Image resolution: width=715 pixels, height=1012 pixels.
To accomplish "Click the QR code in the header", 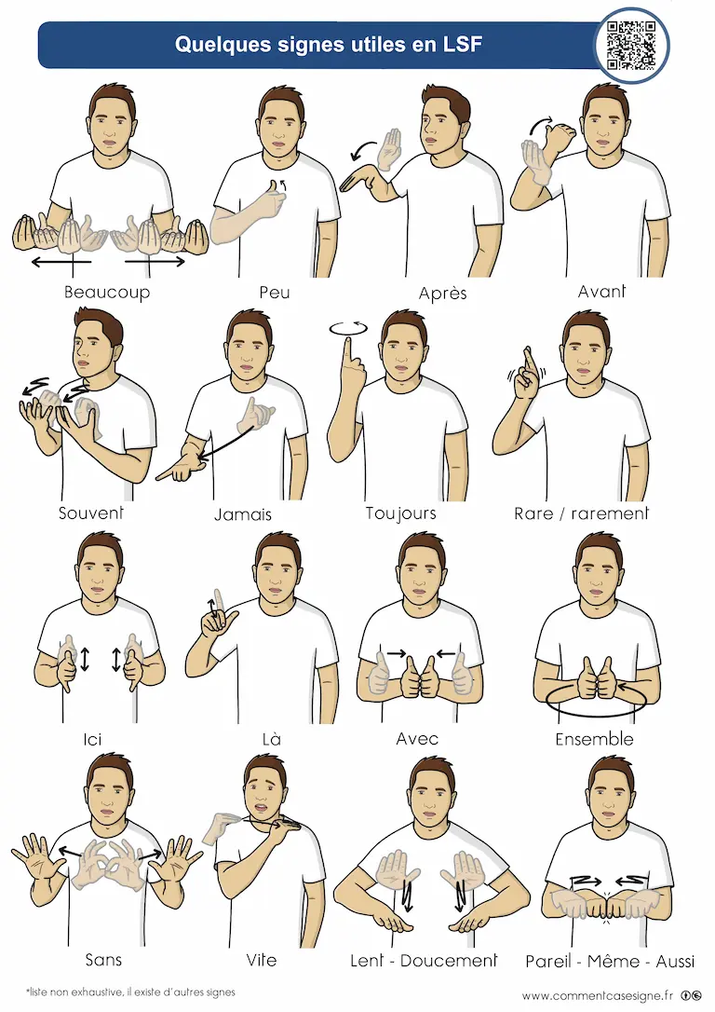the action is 631,45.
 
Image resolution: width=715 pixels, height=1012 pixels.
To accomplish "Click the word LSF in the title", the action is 462,45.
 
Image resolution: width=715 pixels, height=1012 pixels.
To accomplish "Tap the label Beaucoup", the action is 107,293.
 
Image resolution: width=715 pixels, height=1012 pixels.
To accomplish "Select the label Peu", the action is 275,293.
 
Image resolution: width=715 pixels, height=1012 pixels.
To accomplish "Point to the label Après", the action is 442,294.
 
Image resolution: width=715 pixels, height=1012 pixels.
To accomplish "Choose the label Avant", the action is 601,292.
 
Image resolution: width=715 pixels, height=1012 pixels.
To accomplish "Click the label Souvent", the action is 91,513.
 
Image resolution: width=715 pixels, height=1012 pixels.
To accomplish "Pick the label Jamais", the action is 243,514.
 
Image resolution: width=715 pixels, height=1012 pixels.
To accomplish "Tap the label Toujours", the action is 401,513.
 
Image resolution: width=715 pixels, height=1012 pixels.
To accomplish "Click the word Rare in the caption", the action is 533,513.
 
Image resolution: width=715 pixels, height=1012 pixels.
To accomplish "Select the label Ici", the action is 93,739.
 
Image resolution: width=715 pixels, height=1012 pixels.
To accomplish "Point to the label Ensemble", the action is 594,739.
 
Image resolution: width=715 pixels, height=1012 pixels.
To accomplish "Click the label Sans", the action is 103,960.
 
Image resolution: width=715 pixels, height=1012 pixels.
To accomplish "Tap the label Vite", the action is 261,960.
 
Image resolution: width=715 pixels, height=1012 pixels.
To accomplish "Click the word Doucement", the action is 449,961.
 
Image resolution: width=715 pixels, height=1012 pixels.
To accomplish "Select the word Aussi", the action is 675,962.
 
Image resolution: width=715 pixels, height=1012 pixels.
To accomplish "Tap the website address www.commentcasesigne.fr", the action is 598,996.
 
